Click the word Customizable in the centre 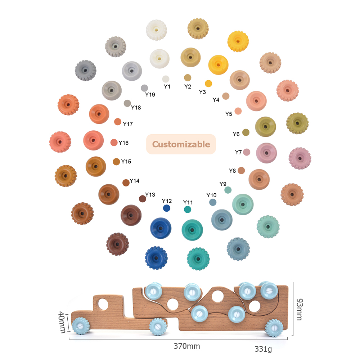(181, 144)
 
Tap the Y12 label (167, 201)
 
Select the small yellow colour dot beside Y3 (208, 84)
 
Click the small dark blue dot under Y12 (166, 208)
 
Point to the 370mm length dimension (186, 346)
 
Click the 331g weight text (263, 349)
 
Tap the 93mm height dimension (300, 309)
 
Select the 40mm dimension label (62, 322)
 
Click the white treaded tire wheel (156, 30)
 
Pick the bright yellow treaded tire (238, 41)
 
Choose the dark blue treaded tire (156, 258)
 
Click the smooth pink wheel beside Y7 (266, 153)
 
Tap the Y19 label (150, 95)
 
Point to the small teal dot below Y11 (188, 210)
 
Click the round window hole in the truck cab (103, 304)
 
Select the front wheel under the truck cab (81, 326)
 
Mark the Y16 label (123, 143)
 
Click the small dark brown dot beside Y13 (143, 199)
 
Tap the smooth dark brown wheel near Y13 (131, 215)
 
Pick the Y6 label (236, 134)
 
